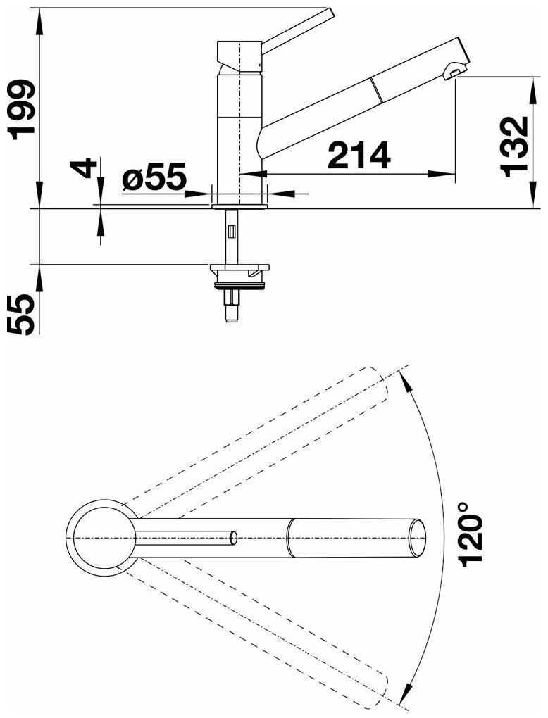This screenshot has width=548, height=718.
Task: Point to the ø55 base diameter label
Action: pyautogui.click(x=154, y=177)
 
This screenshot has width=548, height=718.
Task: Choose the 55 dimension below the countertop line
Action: pyautogui.click(x=22, y=315)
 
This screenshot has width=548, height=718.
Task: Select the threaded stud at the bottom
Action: pyautogui.click(x=232, y=306)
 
